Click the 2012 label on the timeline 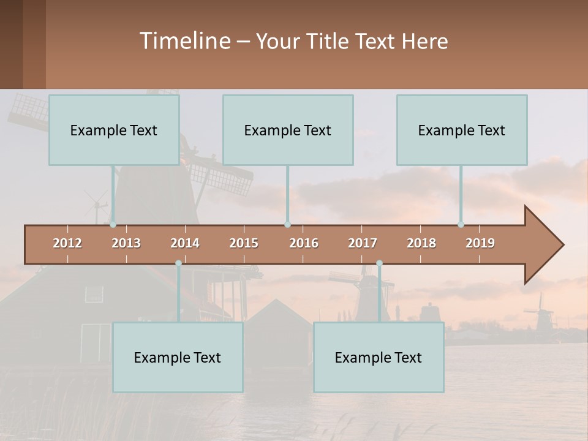coord(67,243)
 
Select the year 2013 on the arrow coord(126,243)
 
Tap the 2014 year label coord(185,243)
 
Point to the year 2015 coord(244,243)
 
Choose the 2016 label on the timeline coord(304,243)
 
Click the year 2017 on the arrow coord(363,243)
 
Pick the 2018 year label coord(421,243)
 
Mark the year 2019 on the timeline coord(480,243)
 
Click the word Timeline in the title coord(184,41)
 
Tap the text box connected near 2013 coord(114,130)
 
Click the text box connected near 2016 coord(288,130)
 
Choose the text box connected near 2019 coord(462,130)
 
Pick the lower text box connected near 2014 coord(178,357)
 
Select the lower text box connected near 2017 coord(379,357)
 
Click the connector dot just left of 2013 coord(113,225)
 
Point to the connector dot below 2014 coord(178,263)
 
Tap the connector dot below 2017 coord(379,263)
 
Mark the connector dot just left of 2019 coord(461,225)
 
